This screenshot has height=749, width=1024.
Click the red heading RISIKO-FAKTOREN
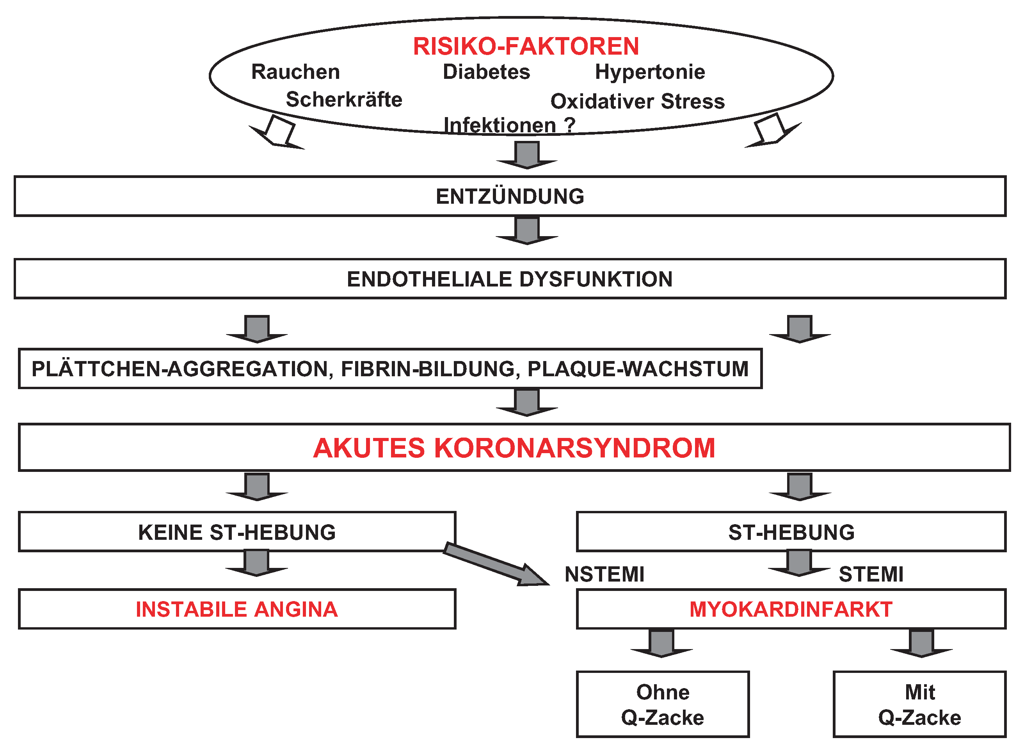(x=526, y=46)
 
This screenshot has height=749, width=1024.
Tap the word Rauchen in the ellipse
(x=295, y=72)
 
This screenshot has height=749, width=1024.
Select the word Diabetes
(x=486, y=72)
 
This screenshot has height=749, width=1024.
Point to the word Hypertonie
(x=650, y=72)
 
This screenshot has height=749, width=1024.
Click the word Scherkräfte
(x=344, y=99)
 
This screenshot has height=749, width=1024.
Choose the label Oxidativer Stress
(x=637, y=101)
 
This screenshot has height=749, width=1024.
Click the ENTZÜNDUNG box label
(x=510, y=196)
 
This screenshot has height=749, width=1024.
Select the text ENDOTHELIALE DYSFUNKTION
(x=510, y=279)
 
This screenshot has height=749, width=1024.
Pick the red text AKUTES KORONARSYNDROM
(x=514, y=448)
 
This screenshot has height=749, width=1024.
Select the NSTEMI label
(x=604, y=575)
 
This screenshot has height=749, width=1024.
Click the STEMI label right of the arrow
(x=871, y=575)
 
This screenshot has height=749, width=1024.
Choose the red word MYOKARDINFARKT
(x=791, y=609)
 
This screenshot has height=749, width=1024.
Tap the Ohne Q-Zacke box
(x=662, y=705)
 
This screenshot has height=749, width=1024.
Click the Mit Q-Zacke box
(x=919, y=705)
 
